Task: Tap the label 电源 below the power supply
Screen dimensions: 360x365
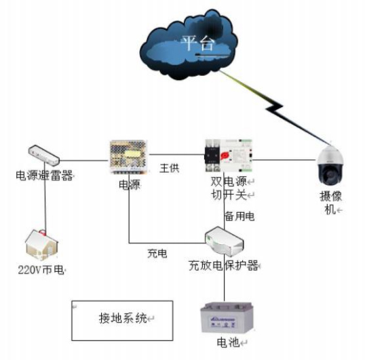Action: click(129, 184)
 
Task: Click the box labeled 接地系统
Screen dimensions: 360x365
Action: click(119, 319)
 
